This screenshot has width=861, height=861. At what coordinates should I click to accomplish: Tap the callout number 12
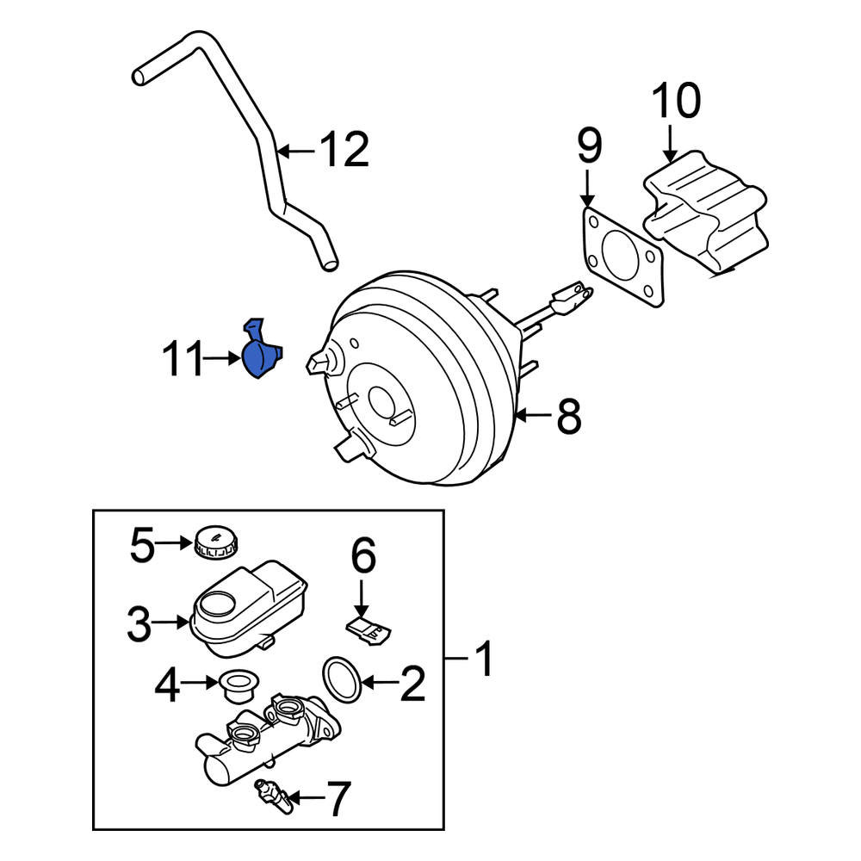[344, 151]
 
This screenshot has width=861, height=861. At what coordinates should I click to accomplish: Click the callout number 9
[589, 147]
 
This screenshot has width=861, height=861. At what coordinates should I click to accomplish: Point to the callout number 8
[569, 418]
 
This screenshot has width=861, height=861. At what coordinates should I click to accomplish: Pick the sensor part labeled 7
[272, 795]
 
